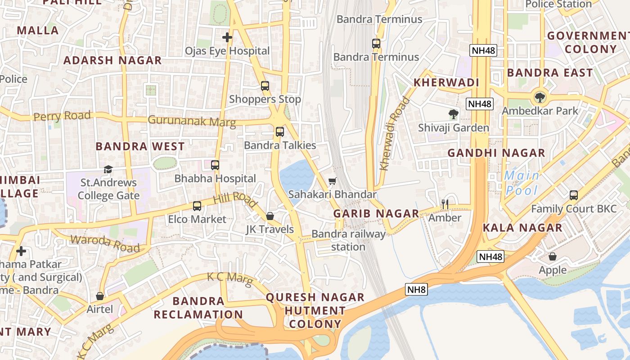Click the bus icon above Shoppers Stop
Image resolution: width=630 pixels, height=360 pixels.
(x=265, y=85)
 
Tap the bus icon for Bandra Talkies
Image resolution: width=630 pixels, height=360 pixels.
(x=280, y=132)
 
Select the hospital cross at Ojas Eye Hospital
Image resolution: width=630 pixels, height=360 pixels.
(x=227, y=37)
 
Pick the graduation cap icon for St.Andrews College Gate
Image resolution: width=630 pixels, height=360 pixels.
(x=108, y=169)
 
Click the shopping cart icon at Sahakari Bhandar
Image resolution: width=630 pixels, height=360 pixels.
(x=333, y=181)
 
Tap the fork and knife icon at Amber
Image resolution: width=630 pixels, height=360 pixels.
(x=445, y=204)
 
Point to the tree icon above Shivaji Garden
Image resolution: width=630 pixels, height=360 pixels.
(x=454, y=114)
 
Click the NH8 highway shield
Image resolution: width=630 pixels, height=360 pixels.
(x=416, y=289)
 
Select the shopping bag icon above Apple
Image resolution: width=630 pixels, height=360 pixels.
(x=553, y=256)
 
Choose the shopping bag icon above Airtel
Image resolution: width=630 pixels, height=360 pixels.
(x=100, y=296)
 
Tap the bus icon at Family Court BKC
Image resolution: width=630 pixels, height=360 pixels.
(x=574, y=195)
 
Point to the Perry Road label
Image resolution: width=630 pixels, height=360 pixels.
(x=62, y=116)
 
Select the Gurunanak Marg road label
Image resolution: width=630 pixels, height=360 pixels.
(x=192, y=121)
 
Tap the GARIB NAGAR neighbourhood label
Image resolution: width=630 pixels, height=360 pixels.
(x=376, y=213)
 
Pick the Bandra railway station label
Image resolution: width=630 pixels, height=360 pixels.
(x=348, y=240)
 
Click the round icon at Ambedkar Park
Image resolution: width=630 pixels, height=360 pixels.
(x=539, y=97)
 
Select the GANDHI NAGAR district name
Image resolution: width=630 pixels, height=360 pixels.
(x=496, y=153)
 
